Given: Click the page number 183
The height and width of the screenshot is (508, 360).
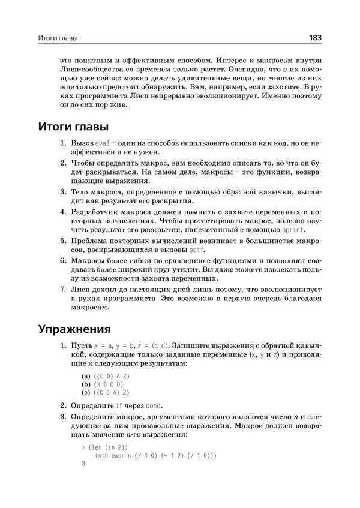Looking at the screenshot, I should (315, 38).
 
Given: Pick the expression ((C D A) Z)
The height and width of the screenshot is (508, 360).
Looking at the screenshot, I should (110, 392).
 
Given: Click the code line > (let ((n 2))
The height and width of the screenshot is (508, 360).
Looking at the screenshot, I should (103, 447).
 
